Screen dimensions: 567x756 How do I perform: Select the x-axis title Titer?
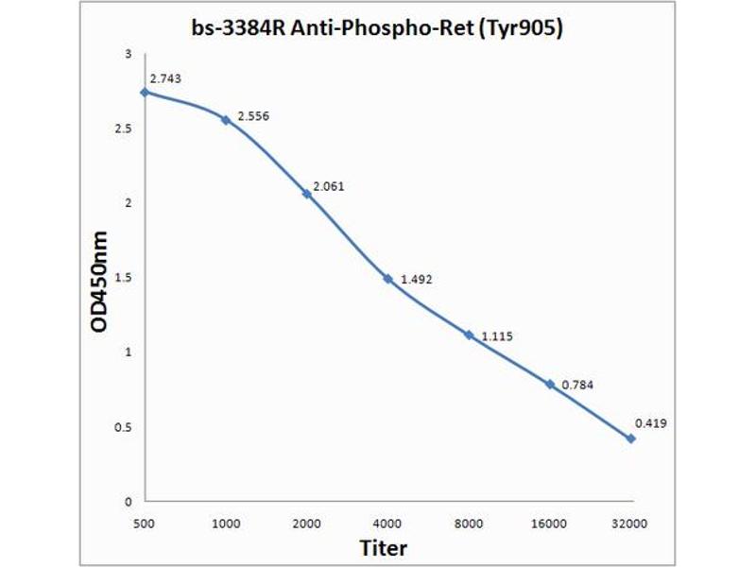point(383,547)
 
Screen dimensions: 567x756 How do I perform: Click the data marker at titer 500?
point(145,93)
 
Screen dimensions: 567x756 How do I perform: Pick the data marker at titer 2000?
point(306,194)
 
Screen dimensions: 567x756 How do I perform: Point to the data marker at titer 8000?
point(469,335)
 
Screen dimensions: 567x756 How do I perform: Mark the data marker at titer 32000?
point(630,438)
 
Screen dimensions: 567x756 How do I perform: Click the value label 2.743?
point(164,79)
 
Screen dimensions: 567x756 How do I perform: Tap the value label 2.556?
point(253,115)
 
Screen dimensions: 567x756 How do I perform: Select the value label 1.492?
point(416,279)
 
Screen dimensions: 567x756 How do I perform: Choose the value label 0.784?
point(577,385)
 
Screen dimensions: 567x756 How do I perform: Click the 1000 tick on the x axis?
point(226,522)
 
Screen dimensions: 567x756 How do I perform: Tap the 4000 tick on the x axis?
point(387,522)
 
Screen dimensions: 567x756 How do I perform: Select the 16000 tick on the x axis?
point(549,522)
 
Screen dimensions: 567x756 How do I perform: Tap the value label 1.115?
point(497,336)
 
